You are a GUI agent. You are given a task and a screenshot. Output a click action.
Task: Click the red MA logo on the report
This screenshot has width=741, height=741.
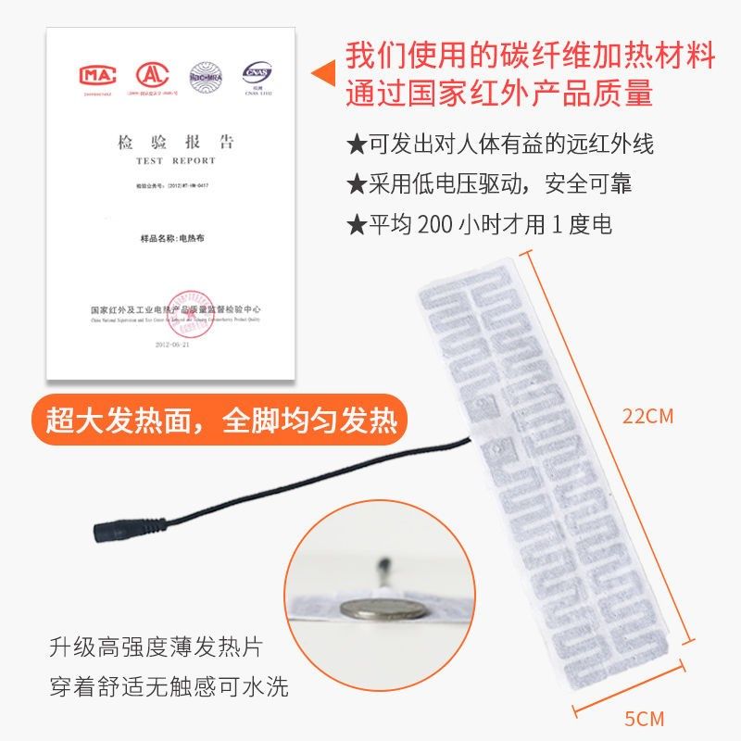point(96,74)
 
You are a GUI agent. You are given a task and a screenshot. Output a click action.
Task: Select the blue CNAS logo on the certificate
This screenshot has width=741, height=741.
point(256,72)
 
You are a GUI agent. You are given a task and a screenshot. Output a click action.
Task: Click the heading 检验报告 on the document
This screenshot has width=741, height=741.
point(175,143)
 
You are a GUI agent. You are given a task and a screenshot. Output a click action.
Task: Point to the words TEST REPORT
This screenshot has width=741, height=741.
point(175,160)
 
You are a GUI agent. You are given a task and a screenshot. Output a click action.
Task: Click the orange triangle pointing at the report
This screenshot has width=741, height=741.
point(322,71)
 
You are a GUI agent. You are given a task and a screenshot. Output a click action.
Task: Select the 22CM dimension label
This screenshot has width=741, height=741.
point(647,416)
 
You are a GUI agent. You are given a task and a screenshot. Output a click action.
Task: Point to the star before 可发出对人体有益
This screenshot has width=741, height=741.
point(357,145)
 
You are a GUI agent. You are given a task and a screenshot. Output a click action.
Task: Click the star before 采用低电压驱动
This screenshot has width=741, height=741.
point(357,184)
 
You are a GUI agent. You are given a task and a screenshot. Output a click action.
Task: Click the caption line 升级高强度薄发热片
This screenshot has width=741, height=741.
point(147,647)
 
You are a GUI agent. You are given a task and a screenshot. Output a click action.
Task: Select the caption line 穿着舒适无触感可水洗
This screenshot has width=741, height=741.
point(169,686)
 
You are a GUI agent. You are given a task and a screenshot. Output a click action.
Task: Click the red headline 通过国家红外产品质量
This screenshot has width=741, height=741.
point(500,94)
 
